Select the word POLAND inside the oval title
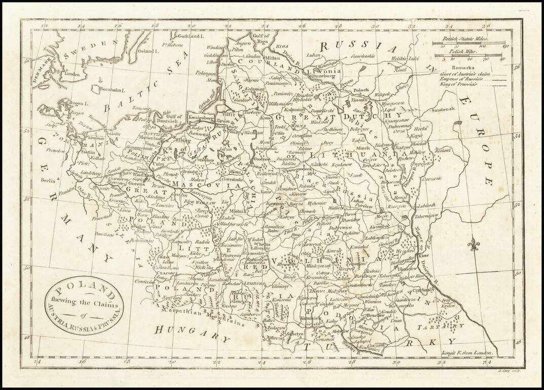coord(84,292)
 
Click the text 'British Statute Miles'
coord(461,39)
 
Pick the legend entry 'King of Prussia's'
coord(457,85)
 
